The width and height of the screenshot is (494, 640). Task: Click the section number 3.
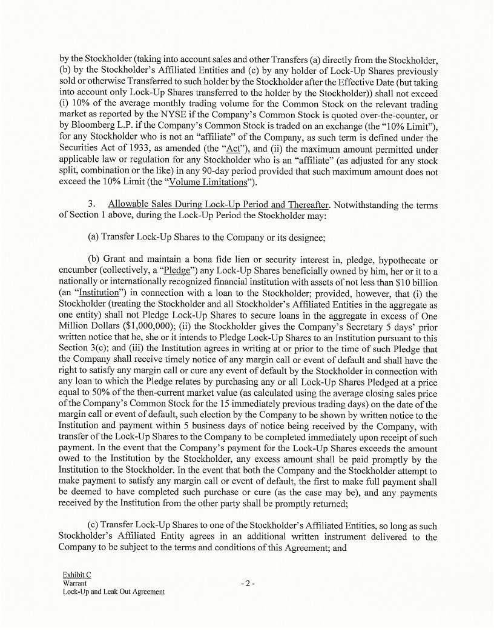click(91, 205)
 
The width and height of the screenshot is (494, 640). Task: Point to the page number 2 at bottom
click(248, 584)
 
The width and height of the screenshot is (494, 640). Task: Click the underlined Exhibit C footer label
click(76, 574)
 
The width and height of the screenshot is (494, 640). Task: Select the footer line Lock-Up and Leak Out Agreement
click(114, 592)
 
